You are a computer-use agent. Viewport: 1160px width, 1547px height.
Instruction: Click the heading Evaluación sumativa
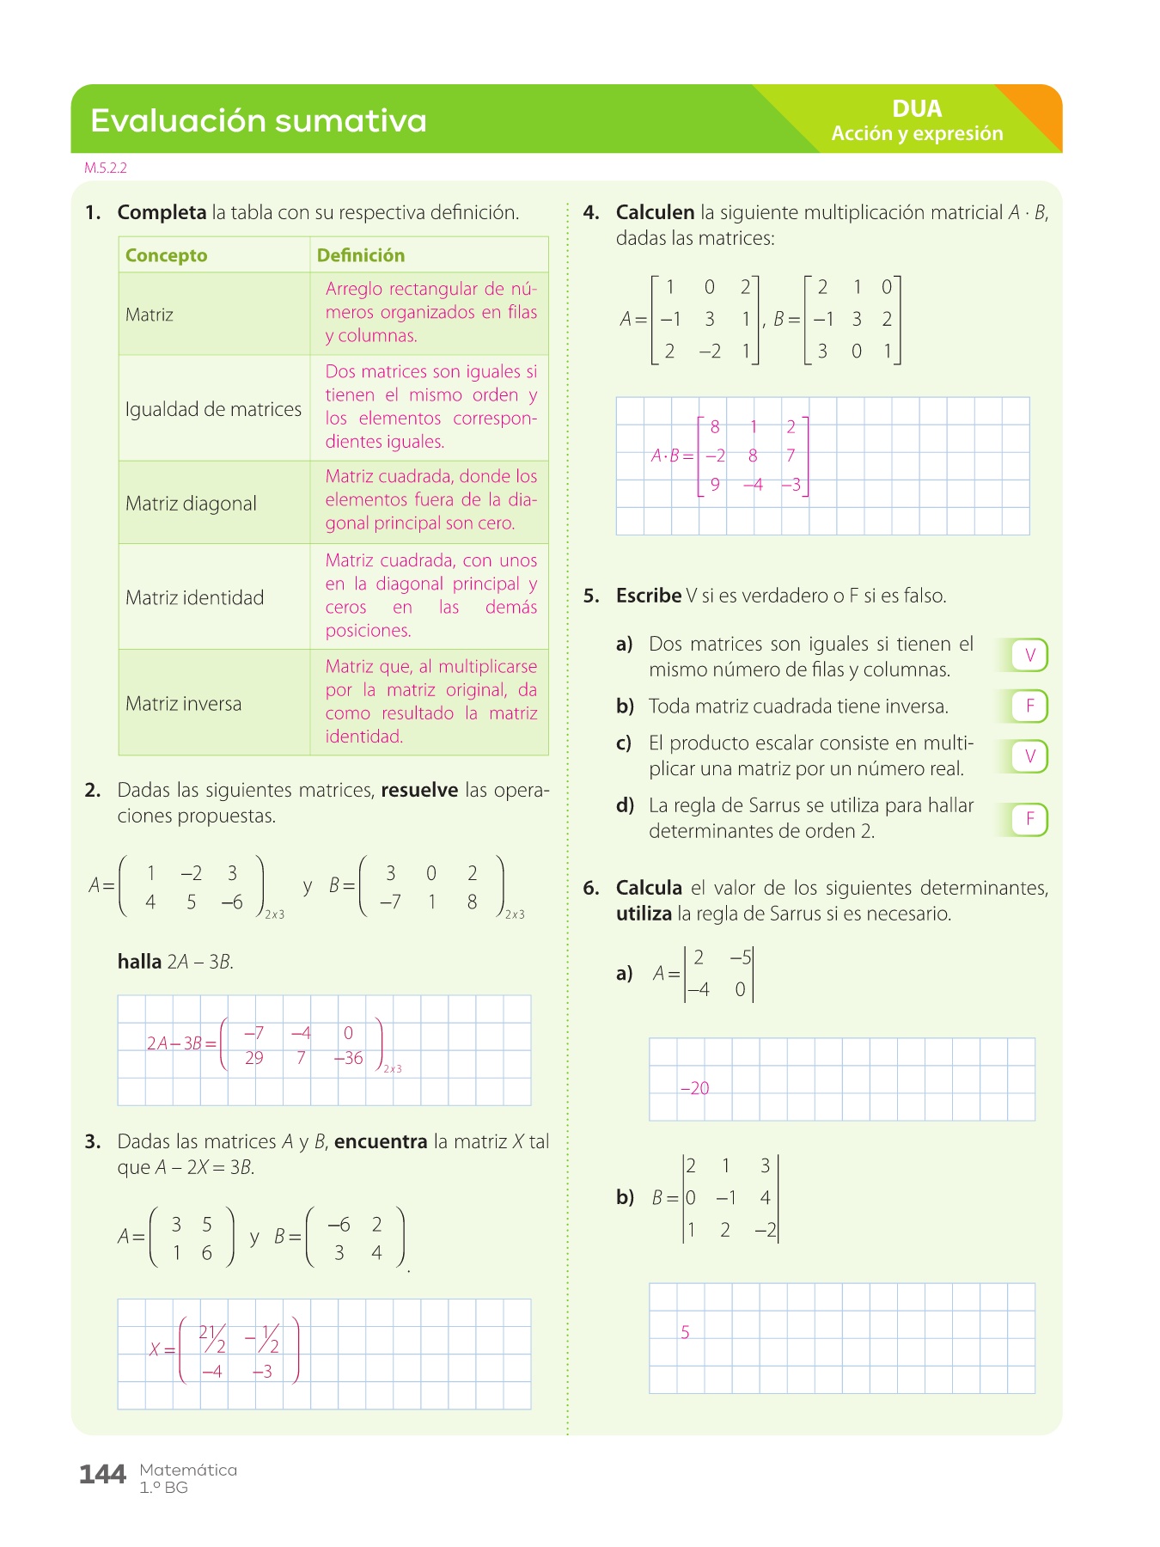(x=258, y=120)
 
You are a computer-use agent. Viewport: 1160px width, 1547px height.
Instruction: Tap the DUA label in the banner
(x=917, y=109)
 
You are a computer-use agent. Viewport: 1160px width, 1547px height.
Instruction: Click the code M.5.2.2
(x=106, y=168)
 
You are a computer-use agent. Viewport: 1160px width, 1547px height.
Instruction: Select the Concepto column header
(x=166, y=255)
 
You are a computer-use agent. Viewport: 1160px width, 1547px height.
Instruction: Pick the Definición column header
(x=360, y=255)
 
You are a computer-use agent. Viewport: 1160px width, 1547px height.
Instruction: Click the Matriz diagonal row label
(x=191, y=504)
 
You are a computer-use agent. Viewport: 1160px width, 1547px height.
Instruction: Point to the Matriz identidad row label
(x=194, y=598)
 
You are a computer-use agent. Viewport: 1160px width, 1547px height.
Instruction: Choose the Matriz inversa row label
(x=183, y=704)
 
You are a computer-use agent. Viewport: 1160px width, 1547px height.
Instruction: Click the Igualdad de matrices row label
(x=213, y=409)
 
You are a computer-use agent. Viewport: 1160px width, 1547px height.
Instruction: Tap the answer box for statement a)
(x=1029, y=656)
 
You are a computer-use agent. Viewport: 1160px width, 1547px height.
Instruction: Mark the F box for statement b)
(x=1029, y=706)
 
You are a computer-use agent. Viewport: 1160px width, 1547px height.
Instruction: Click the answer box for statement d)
(x=1029, y=819)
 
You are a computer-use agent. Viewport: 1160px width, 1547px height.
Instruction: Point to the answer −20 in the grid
(x=694, y=1089)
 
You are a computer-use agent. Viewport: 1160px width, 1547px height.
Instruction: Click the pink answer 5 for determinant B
(x=685, y=1333)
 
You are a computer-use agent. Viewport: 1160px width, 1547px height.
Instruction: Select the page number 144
(x=102, y=1475)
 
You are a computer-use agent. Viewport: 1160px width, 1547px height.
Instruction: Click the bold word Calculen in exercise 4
(x=655, y=212)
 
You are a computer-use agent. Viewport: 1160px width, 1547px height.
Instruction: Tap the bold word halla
(x=139, y=962)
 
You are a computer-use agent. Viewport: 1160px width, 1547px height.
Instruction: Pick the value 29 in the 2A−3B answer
(x=253, y=1059)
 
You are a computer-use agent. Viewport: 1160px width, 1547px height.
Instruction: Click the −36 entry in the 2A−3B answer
(x=348, y=1059)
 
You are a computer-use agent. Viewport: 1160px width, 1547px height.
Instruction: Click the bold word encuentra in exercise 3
(x=381, y=1142)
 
